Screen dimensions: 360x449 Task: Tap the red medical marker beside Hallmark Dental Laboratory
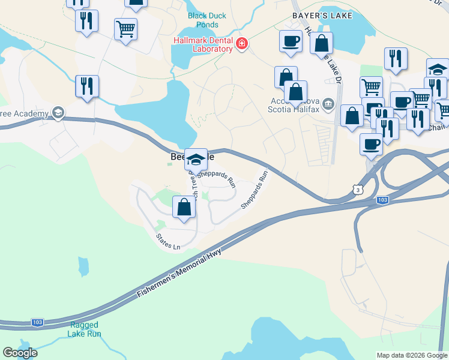[x=241, y=44]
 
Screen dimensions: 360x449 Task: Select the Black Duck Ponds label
[x=207, y=20]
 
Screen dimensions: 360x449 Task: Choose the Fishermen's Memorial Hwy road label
[x=179, y=274]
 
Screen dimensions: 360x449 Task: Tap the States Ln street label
[x=168, y=242]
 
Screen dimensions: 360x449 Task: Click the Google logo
[x=20, y=353]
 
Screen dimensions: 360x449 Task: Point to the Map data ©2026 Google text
[x=412, y=355]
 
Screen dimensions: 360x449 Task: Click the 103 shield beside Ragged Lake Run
[x=37, y=322]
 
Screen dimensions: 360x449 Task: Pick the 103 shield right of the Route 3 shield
[x=382, y=199]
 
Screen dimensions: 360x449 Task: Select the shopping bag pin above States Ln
[x=184, y=208]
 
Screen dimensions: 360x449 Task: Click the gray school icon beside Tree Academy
[x=58, y=112]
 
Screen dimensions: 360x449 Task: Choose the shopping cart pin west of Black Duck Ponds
[x=125, y=29]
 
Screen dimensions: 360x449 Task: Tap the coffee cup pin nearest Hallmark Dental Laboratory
[x=291, y=41]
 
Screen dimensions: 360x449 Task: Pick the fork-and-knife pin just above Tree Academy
[x=87, y=86]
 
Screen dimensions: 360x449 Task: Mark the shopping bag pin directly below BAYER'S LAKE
[x=322, y=44]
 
